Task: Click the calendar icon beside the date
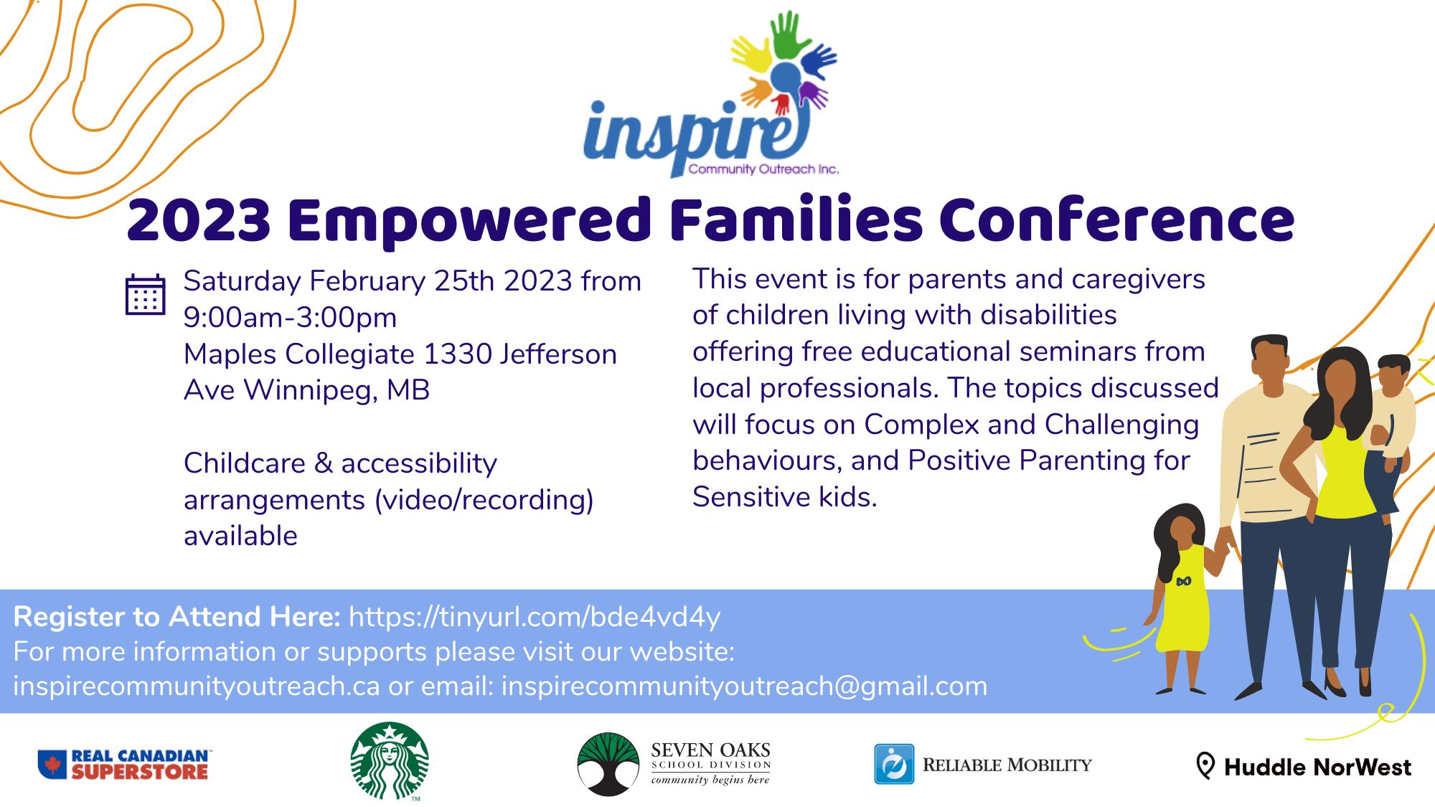(x=145, y=294)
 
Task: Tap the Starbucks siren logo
(x=390, y=761)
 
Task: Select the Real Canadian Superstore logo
(x=124, y=765)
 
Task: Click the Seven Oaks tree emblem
(x=608, y=765)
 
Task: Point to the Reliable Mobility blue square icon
(x=894, y=765)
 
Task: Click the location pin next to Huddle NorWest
(x=1205, y=766)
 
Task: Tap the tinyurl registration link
(x=535, y=617)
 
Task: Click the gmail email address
(x=744, y=686)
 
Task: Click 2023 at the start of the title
(x=199, y=221)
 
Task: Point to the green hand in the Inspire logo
(x=791, y=34)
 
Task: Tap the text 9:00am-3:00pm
(x=290, y=317)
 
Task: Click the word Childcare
(x=245, y=463)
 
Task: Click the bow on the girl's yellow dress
(x=1184, y=581)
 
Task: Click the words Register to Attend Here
(x=177, y=617)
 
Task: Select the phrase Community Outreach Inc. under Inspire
(x=763, y=169)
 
